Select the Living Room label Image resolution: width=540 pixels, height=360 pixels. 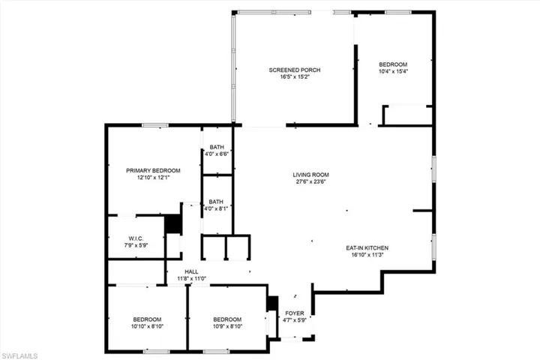(x=310, y=175)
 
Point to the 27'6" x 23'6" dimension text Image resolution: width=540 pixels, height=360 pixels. (x=310, y=182)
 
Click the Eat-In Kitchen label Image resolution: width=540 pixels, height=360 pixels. (x=367, y=247)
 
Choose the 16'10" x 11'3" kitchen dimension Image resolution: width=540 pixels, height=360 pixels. (x=367, y=255)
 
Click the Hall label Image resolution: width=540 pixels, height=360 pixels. (x=191, y=271)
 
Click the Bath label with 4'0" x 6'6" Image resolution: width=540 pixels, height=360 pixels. (x=217, y=147)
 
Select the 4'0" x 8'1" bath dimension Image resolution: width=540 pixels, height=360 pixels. (x=217, y=208)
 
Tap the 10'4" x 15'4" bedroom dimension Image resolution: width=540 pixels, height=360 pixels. (x=393, y=71)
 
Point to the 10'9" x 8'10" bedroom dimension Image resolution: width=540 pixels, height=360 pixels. (x=226, y=325)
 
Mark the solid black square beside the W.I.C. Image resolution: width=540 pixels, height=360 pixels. (x=173, y=224)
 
